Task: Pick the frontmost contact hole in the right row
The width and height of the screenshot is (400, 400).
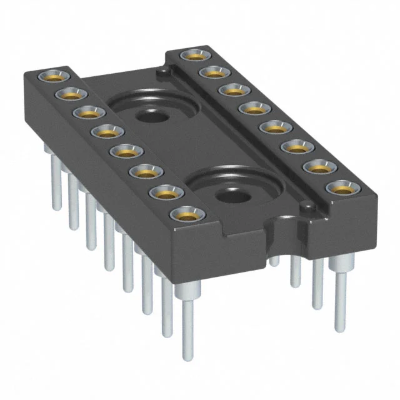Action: (335, 187)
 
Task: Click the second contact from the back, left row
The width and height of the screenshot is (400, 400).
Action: (70, 94)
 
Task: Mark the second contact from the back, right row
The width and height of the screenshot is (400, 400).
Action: (211, 72)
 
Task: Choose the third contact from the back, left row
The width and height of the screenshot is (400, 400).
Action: (88, 112)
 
